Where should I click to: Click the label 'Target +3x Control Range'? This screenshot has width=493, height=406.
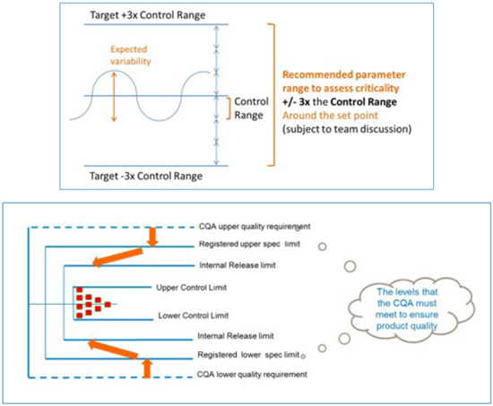point(148,15)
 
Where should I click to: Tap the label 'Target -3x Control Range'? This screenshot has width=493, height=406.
point(146,176)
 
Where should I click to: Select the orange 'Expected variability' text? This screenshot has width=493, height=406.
point(131,55)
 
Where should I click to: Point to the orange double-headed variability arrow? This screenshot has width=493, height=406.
point(114,96)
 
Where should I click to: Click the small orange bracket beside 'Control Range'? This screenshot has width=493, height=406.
point(229,108)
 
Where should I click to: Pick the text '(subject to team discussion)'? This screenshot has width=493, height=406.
point(347,129)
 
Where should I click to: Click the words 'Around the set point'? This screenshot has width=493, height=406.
point(330,116)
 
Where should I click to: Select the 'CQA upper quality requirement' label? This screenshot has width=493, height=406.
point(255,227)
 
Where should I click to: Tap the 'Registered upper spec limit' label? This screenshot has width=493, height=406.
point(249,244)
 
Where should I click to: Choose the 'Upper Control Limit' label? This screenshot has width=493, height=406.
point(192,288)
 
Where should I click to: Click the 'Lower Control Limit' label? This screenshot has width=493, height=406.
point(194,315)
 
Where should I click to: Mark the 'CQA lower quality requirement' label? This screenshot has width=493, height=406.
point(252,375)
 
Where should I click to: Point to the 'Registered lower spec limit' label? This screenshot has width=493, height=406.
point(248,355)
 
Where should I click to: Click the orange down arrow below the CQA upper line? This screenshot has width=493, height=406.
point(152,237)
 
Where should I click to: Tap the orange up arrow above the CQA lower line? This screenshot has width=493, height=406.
point(147,368)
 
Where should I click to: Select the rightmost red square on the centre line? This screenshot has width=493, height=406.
point(108,305)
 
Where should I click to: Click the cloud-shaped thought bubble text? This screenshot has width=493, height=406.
point(407,309)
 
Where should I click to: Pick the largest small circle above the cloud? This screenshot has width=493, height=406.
point(350,266)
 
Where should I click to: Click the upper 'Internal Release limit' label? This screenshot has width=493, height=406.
point(238,265)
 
